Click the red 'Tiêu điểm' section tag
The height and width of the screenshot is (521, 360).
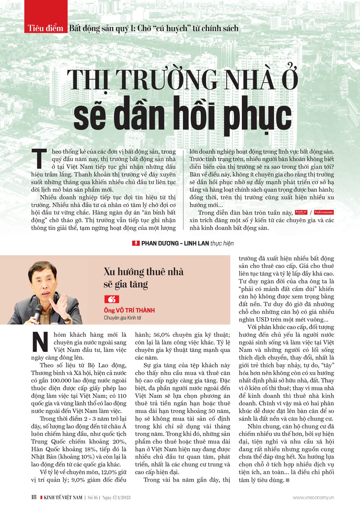pos(46,28)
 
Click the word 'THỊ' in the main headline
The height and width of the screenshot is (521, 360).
pos(88,80)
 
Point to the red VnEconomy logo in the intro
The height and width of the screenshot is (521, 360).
pos(324,212)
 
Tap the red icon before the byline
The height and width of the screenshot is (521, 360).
pos(136,243)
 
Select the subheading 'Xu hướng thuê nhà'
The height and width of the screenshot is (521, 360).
pos(143,271)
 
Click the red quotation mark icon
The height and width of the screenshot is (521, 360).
pos(112,299)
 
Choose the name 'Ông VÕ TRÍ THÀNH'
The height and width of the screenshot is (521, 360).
pos(129,310)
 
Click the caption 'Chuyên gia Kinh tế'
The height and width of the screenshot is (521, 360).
pos(122,318)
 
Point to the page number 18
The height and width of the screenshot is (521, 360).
pos(34,497)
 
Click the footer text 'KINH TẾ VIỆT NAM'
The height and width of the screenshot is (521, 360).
pos(63,498)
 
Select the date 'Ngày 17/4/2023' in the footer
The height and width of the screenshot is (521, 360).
pos(116,498)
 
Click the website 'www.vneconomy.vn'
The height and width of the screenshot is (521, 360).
pos(313,498)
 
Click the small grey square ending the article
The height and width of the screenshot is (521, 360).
pos(287,480)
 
